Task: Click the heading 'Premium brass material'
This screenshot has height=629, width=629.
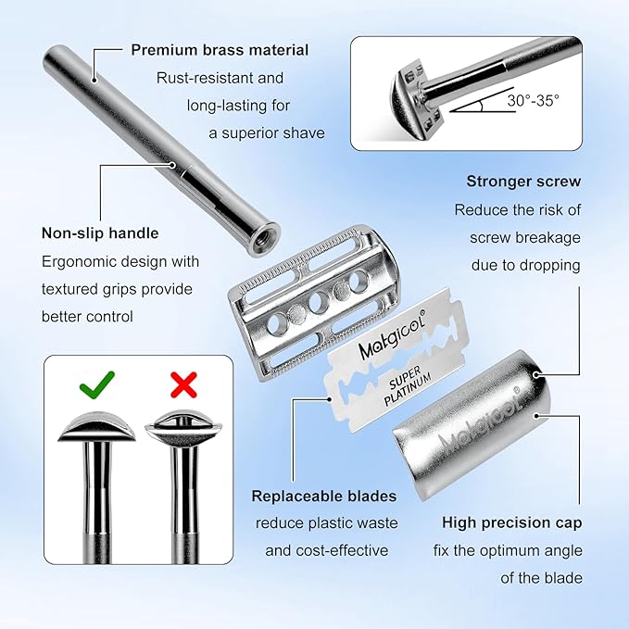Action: coord(220,50)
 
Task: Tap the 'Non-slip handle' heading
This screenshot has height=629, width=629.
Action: coord(100,233)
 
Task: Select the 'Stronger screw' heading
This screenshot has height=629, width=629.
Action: coord(522,182)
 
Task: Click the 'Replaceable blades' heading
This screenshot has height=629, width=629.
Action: coord(324,496)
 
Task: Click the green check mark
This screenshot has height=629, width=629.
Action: coord(95,382)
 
